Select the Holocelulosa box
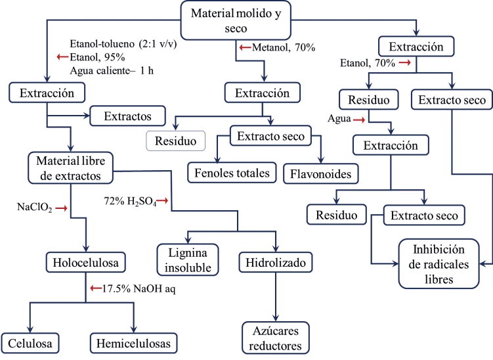point(85,264)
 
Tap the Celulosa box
point(31,342)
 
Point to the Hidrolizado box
point(274,263)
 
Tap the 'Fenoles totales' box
point(232,173)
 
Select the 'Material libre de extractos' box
point(70,167)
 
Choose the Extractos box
point(127,116)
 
